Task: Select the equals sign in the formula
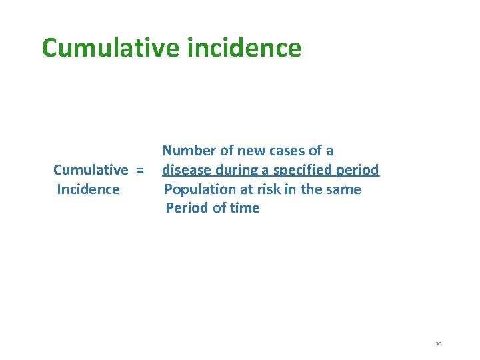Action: click(139, 170)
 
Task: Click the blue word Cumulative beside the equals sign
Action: click(91, 170)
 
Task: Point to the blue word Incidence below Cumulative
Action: click(89, 189)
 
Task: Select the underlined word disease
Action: click(187, 170)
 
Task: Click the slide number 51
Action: click(439, 343)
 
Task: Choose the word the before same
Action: click(311, 189)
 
